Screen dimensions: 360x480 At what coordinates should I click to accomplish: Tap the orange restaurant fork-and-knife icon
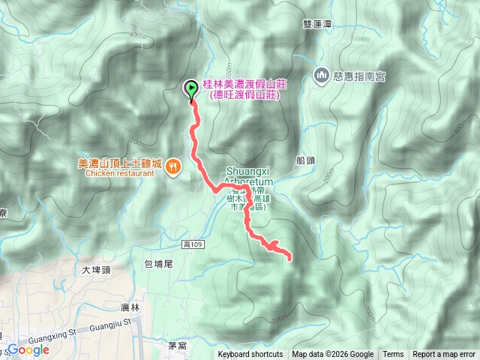[172, 166]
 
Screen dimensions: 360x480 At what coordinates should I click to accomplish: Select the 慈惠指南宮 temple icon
[320, 76]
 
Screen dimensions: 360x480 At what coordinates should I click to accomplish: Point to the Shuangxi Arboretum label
[250, 174]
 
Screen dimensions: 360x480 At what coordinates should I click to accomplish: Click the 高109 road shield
[193, 245]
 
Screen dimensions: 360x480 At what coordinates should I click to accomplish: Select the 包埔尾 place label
[158, 264]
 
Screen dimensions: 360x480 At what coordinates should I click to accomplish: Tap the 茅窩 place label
[177, 346]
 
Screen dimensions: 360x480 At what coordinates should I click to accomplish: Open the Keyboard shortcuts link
[250, 355]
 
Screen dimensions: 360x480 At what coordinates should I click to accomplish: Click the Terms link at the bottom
[393, 355]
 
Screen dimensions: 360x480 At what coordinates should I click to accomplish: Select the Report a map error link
[444, 355]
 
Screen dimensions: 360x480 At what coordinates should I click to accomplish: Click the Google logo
[28, 349]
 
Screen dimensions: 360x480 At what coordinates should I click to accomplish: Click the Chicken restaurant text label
[119, 173]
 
